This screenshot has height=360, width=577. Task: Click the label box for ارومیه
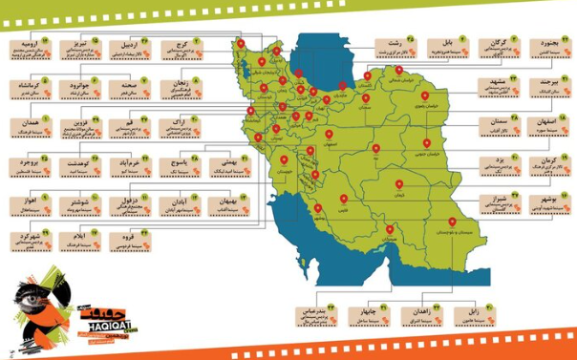click(x=28, y=48)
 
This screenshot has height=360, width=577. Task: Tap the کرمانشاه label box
click(x=28, y=89)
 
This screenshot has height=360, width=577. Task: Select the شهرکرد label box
click(x=28, y=240)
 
